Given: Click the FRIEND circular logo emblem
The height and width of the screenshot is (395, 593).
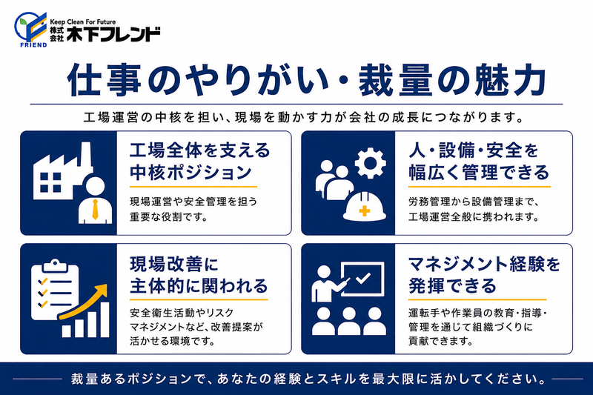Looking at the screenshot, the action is pyautogui.click(x=30, y=29).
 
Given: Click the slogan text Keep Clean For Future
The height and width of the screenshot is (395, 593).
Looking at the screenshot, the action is pyautogui.click(x=83, y=22).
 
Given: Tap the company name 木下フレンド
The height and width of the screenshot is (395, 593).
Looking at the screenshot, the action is pyautogui.click(x=113, y=34).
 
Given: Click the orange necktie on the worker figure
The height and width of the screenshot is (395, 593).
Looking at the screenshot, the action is pyautogui.click(x=95, y=210).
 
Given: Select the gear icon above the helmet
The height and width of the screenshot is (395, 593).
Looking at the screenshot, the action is pyautogui.click(x=370, y=163).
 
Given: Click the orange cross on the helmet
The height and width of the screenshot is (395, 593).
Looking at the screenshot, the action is pyautogui.click(x=365, y=210).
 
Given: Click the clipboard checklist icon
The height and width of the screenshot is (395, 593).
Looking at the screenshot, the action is pyautogui.click(x=54, y=289).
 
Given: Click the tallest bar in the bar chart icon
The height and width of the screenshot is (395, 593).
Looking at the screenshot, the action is pyautogui.click(x=105, y=319).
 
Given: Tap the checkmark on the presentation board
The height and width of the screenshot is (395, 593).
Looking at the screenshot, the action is pyautogui.click(x=363, y=279).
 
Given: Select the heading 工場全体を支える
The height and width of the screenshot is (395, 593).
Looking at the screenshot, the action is pyautogui.click(x=199, y=150).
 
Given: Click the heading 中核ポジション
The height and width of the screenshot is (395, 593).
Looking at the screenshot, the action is pyautogui.click(x=191, y=173).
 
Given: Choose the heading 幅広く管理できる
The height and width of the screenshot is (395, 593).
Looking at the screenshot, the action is pyautogui.click(x=478, y=173).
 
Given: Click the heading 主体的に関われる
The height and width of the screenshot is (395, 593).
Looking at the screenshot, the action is pyautogui.click(x=199, y=286).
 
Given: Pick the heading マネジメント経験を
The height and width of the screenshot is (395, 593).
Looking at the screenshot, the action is pyautogui.click(x=484, y=264).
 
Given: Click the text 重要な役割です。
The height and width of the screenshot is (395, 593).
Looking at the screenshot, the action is pyautogui.click(x=169, y=217).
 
